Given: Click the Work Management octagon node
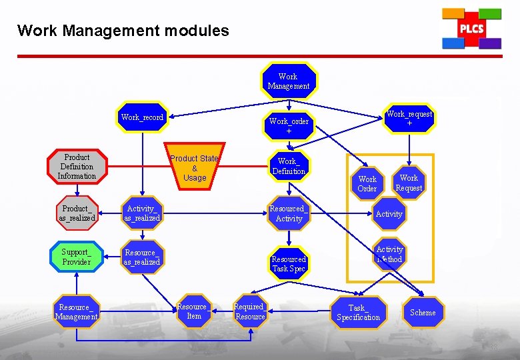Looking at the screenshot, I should tap(289, 81).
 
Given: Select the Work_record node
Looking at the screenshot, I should tap(142, 117).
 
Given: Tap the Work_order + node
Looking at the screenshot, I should tap(289, 126).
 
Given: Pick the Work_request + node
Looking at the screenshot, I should tap(409, 119).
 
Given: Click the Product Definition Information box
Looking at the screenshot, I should tap(77, 167).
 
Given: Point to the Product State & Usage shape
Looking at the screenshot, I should tap(194, 167).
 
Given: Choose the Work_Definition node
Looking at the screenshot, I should tap(289, 167).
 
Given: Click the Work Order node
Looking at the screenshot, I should tap(367, 183).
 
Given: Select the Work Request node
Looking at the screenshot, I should tap(409, 183).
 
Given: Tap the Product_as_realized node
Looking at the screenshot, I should tap(77, 213).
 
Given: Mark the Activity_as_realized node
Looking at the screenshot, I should tap(143, 213).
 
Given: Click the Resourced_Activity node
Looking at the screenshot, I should tap(289, 213).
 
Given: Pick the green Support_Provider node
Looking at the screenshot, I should tap(77, 257).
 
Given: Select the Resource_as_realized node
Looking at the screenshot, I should tap(142, 257).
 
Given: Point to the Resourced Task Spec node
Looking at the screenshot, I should tap(289, 263).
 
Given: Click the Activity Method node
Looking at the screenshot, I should tap(389, 254).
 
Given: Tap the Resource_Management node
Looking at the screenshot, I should tap(77, 312).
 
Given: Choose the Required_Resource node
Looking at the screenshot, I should tap(250, 311).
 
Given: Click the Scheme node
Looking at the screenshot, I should tap(423, 313).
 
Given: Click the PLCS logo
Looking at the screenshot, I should tap(471, 29).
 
